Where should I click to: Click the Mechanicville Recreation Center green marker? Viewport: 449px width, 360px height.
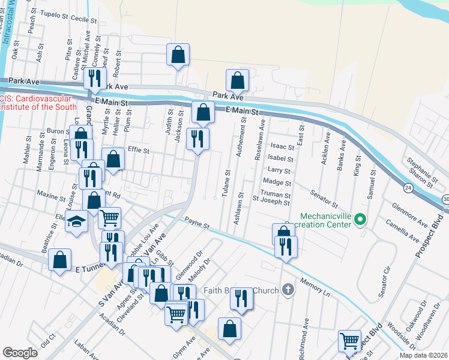click(x=360, y=220)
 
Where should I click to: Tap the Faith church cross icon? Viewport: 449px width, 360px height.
click(x=288, y=291)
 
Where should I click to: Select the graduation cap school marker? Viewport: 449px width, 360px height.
click(x=76, y=223)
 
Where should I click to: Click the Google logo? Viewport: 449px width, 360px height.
click(x=20, y=352)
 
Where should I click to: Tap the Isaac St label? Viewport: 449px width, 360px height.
click(x=283, y=146)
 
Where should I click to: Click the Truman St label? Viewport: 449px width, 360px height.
click(x=277, y=195)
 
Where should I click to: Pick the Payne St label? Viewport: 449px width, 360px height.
click(x=196, y=223)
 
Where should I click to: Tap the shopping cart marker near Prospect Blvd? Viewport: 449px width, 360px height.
click(x=350, y=341)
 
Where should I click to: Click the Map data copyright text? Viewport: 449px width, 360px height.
click(x=423, y=354)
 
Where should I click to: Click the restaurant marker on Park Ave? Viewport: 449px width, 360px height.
click(x=94, y=78)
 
